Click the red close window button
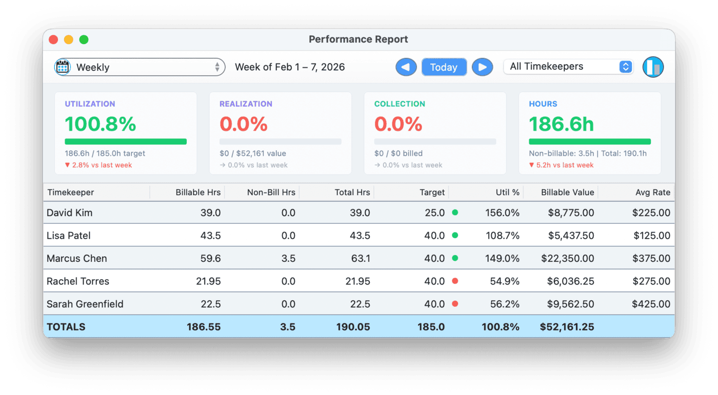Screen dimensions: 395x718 pyautogui.click(x=53, y=39)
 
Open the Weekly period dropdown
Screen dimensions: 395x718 pyautogui.click(x=139, y=67)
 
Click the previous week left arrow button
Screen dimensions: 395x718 pyautogui.click(x=406, y=67)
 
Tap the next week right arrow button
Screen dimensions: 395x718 pyautogui.click(x=482, y=67)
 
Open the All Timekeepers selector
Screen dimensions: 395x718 pyautogui.click(x=568, y=67)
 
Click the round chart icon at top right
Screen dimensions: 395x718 pyautogui.click(x=653, y=67)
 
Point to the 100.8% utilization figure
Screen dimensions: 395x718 pyautogui.click(x=101, y=124)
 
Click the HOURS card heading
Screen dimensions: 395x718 pyautogui.click(x=543, y=104)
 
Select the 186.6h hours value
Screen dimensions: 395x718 pyautogui.click(x=561, y=124)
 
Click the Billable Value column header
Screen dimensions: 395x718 pyautogui.click(x=567, y=193)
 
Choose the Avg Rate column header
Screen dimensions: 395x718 pyautogui.click(x=652, y=193)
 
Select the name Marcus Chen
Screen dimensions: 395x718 pyautogui.click(x=77, y=258)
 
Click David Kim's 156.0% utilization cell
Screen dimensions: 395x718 pyautogui.click(x=502, y=213)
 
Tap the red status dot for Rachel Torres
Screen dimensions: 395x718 pyautogui.click(x=455, y=281)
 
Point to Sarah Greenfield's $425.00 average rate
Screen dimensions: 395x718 pyautogui.click(x=651, y=304)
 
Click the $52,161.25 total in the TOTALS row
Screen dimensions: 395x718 pyautogui.click(x=567, y=327)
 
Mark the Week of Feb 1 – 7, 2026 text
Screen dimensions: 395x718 pyautogui.click(x=290, y=67)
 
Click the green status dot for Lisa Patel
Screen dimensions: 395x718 pyautogui.click(x=455, y=236)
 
